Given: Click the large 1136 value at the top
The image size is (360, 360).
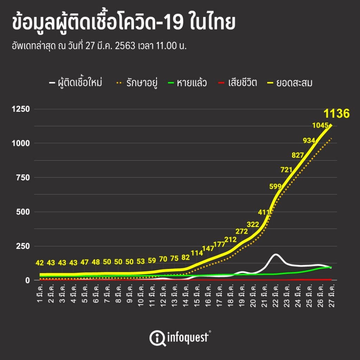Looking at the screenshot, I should click(x=336, y=114).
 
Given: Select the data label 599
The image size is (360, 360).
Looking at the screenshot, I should click(x=275, y=186).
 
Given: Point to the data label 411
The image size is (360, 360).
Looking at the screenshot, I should click(x=264, y=212).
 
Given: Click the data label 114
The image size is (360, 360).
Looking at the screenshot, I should click(x=197, y=253).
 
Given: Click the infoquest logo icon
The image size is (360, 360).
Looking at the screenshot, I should click(x=156, y=337).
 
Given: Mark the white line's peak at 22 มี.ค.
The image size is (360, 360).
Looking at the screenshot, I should click(x=276, y=254).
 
